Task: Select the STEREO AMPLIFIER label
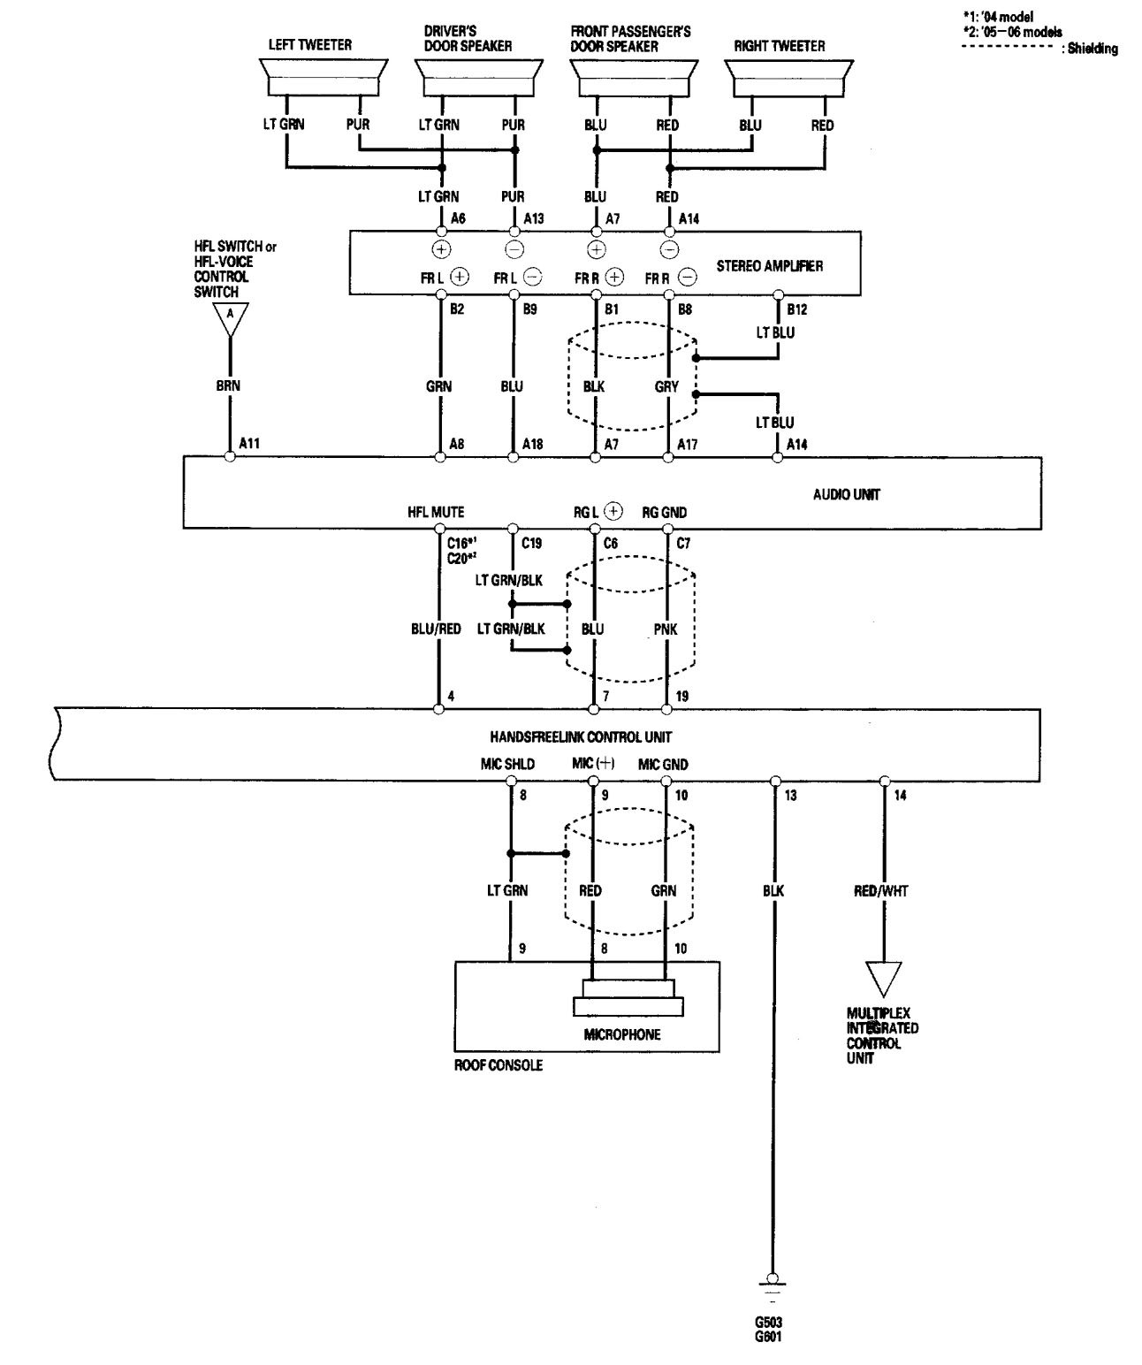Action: click(775, 265)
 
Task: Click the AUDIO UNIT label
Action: click(846, 494)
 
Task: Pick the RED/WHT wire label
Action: click(881, 891)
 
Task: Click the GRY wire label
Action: click(667, 386)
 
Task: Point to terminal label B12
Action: click(796, 309)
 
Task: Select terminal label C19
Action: click(531, 544)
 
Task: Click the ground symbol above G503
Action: click(773, 1282)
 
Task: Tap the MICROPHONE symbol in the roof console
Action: click(628, 998)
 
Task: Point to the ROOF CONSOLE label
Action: click(498, 1065)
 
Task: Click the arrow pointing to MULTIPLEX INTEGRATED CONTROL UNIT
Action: click(882, 979)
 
